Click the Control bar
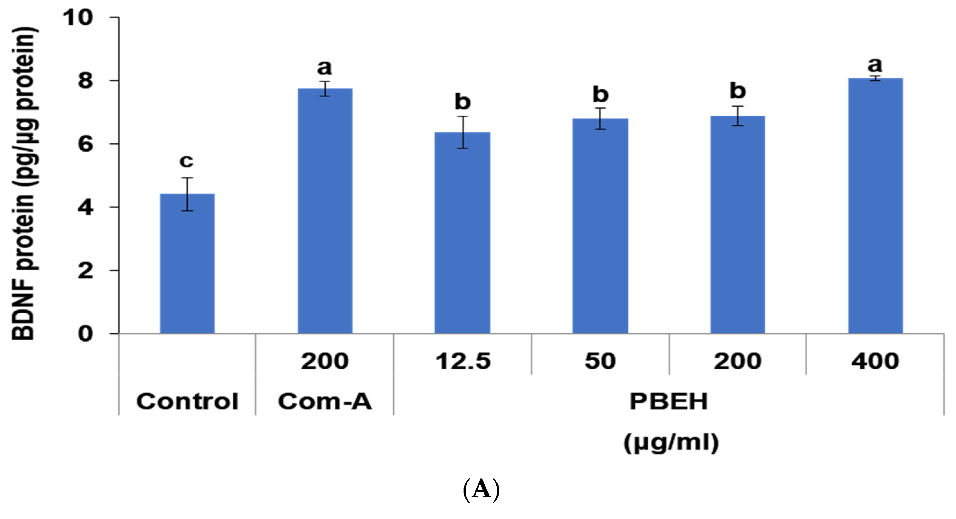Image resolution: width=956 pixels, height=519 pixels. click(x=187, y=264)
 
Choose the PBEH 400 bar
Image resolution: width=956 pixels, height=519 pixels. click(x=875, y=206)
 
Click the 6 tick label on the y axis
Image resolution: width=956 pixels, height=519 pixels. click(x=85, y=144)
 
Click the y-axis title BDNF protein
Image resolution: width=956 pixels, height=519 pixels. click(x=24, y=184)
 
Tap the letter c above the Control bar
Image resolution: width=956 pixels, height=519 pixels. click(x=186, y=161)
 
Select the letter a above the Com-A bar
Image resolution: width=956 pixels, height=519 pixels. click(x=324, y=67)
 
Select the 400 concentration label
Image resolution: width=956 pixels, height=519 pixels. click(x=875, y=361)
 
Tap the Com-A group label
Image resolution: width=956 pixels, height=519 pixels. click(x=325, y=402)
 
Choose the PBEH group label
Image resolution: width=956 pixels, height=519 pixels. click(x=669, y=402)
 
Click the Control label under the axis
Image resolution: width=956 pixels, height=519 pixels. click(x=187, y=402)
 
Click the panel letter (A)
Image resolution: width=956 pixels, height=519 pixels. click(x=481, y=490)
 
